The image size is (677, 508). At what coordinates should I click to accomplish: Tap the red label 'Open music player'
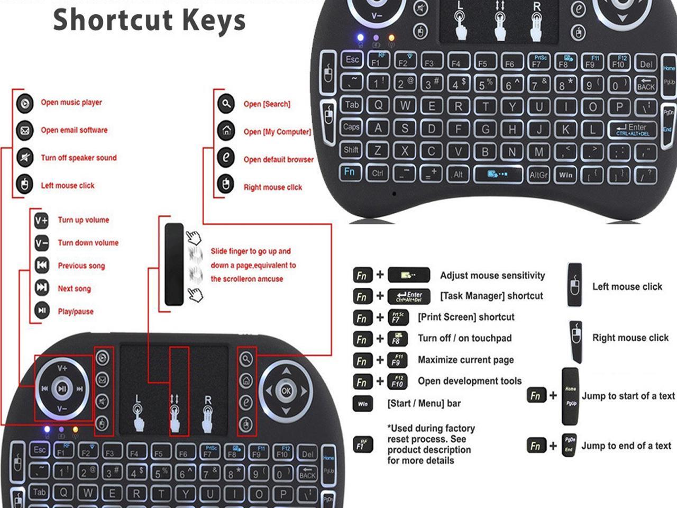(x=71, y=103)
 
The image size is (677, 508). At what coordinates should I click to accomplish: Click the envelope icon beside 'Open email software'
(x=25, y=130)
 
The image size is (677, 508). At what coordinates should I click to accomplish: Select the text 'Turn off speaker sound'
(x=79, y=158)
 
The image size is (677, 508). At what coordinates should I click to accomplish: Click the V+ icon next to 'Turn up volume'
(x=41, y=220)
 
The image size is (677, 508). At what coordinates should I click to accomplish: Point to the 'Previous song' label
(x=81, y=266)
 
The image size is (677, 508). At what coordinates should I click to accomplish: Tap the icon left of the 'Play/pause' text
(x=42, y=311)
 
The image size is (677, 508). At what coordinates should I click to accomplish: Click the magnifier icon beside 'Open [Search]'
(x=226, y=104)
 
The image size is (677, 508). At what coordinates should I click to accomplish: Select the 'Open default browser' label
(x=278, y=159)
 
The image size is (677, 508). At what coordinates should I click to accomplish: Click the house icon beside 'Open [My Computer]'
(x=226, y=131)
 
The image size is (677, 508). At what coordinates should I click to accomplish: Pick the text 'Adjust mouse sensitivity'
(x=492, y=276)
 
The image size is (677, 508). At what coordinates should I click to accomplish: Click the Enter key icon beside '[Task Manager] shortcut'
(x=409, y=296)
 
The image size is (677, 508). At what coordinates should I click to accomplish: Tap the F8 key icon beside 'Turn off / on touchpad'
(x=397, y=339)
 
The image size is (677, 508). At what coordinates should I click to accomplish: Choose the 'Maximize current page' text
(x=465, y=360)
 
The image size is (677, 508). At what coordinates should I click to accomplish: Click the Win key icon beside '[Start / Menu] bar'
(x=362, y=404)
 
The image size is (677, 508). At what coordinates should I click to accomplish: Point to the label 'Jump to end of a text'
(x=626, y=446)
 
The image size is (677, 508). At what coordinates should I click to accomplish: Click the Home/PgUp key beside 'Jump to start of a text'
(x=570, y=396)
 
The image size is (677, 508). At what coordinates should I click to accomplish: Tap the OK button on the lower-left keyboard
(x=286, y=391)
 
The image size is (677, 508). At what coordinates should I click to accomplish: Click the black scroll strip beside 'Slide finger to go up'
(x=174, y=265)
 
